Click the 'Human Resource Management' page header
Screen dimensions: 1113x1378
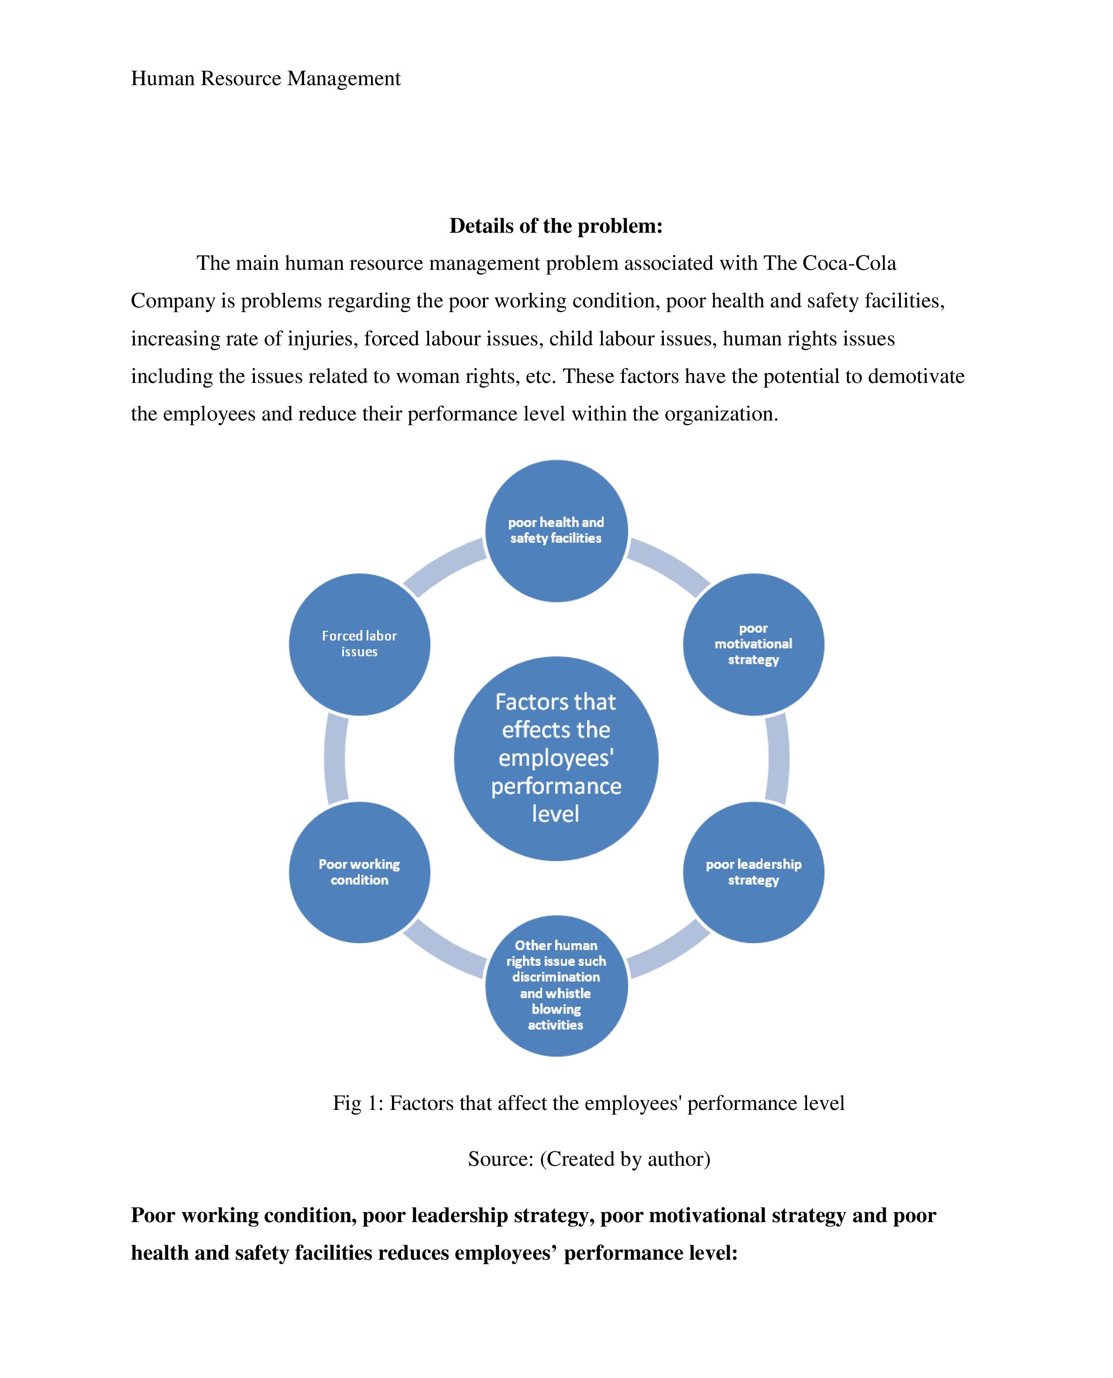(x=265, y=78)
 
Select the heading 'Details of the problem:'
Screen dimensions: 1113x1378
(x=556, y=226)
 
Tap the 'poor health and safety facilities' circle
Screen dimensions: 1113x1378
(x=556, y=531)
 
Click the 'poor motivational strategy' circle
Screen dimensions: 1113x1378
(x=753, y=644)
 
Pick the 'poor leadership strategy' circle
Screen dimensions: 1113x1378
(x=753, y=872)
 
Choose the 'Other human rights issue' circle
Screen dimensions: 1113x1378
(x=556, y=985)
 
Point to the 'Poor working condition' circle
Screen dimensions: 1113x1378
(x=359, y=872)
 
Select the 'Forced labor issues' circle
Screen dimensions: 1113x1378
(x=359, y=644)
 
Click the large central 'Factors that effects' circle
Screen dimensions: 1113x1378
(x=556, y=758)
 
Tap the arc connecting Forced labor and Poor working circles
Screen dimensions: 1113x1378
(x=335, y=758)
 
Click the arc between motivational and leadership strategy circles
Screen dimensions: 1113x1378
(x=778, y=758)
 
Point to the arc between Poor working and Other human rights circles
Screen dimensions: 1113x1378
(x=443, y=951)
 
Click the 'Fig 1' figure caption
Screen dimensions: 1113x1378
(x=588, y=1103)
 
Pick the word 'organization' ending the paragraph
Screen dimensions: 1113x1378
(x=721, y=414)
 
